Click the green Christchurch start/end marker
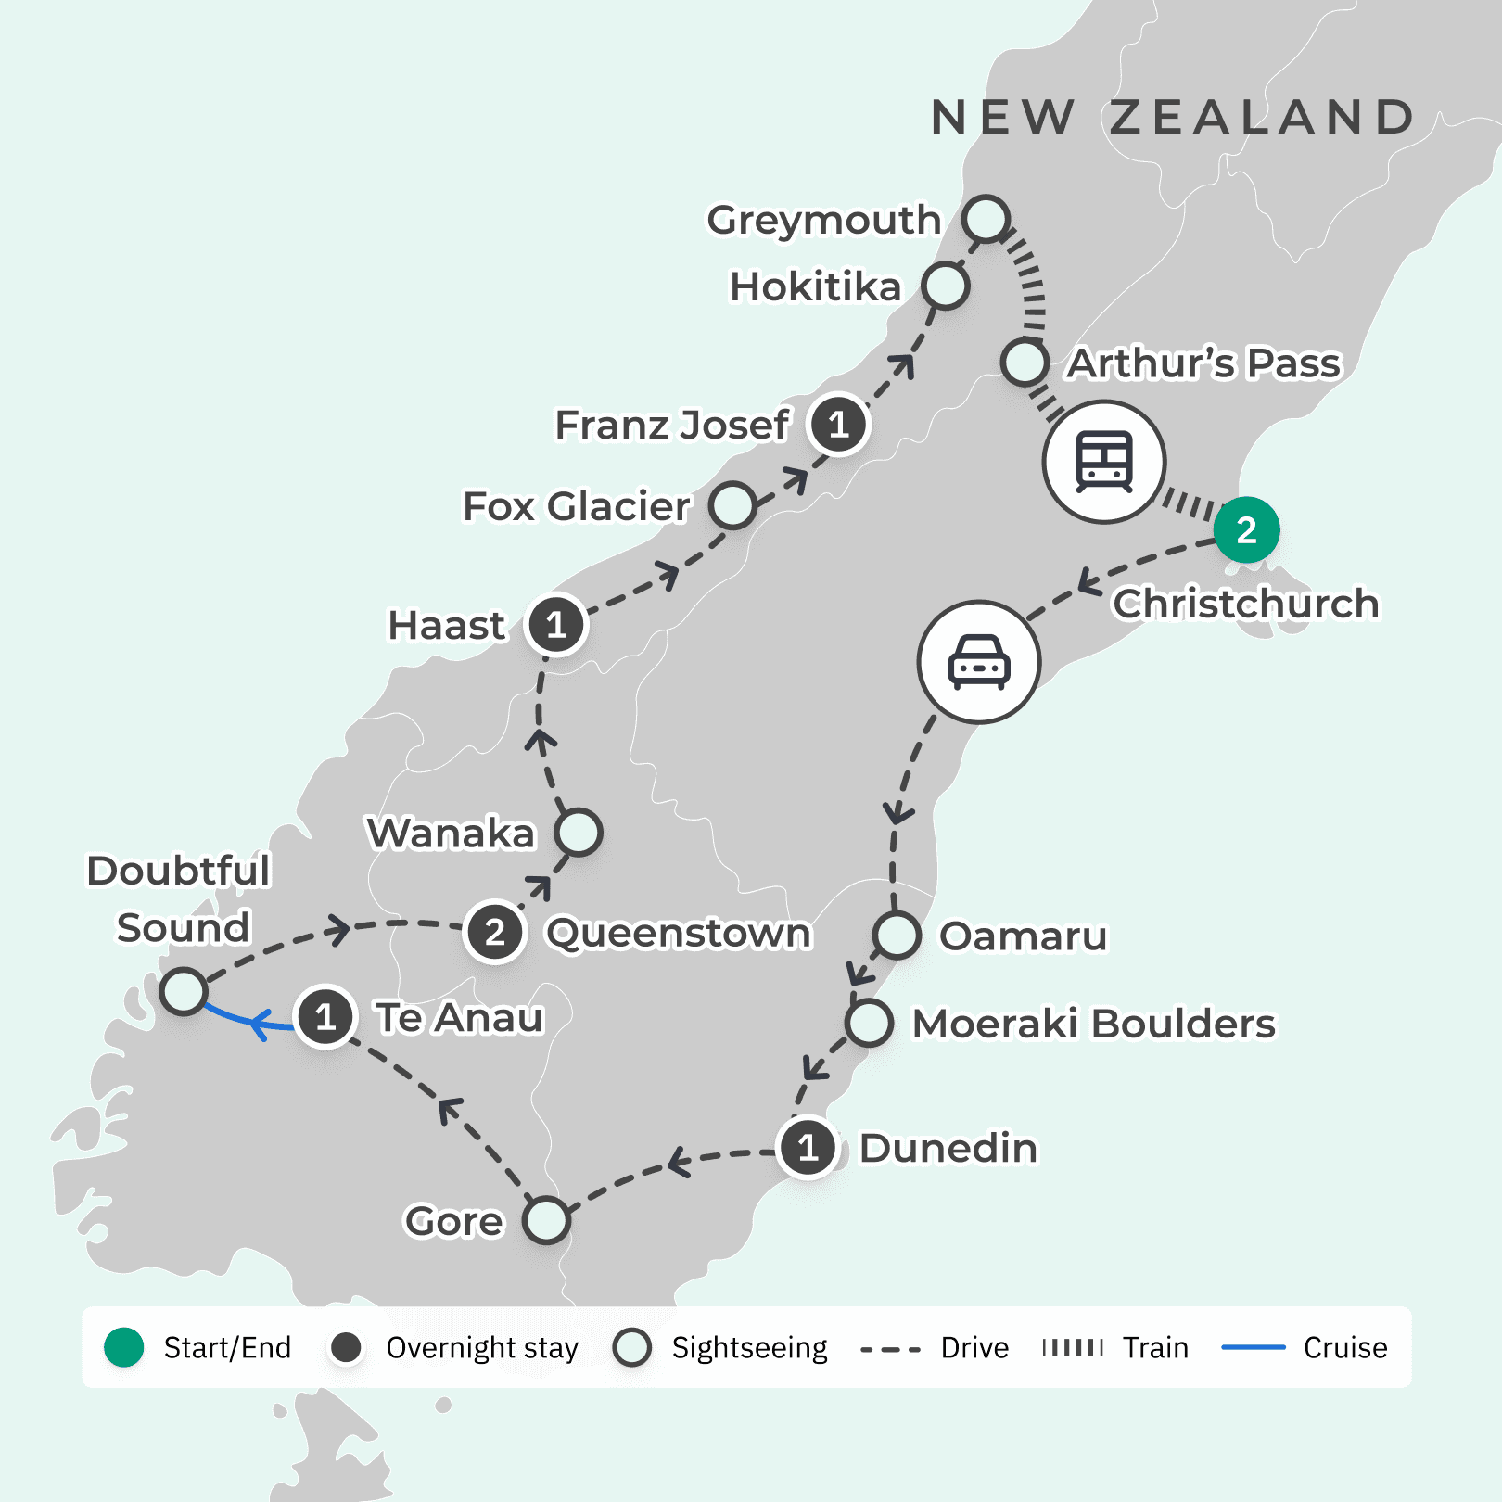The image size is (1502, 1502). pyautogui.click(x=1246, y=530)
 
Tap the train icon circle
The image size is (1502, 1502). pyautogui.click(x=1103, y=462)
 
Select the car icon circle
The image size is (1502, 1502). pyautogui.click(x=978, y=662)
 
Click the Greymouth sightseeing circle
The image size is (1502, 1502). pyautogui.click(x=985, y=219)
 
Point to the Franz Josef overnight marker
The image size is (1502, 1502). pyautogui.click(x=838, y=425)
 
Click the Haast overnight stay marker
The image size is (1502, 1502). pyautogui.click(x=555, y=625)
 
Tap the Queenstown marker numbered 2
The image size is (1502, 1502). pyautogui.click(x=495, y=932)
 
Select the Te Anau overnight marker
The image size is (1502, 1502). pyautogui.click(x=325, y=1017)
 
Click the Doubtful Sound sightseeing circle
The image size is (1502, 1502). pyautogui.click(x=184, y=991)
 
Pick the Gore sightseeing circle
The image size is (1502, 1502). pyautogui.click(x=546, y=1220)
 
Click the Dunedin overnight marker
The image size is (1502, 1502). pyautogui.click(x=808, y=1148)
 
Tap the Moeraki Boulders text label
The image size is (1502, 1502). pyautogui.click(x=1094, y=1025)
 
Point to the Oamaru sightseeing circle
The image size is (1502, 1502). pyautogui.click(x=897, y=935)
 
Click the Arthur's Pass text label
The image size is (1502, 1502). pyautogui.click(x=1203, y=363)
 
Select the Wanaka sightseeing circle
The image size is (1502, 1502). pyautogui.click(x=579, y=833)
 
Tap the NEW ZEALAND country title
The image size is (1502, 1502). pyautogui.click(x=1172, y=118)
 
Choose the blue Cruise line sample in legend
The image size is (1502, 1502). pyautogui.click(x=1253, y=1347)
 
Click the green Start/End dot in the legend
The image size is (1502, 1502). pyautogui.click(x=124, y=1347)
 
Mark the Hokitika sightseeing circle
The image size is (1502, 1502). pyautogui.click(x=945, y=286)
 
